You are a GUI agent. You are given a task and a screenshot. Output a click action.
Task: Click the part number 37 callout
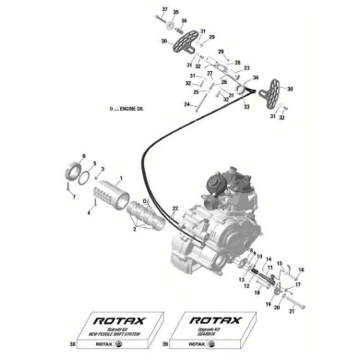tap(162, 8)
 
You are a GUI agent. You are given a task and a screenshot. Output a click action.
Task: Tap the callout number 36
tap(162, 19)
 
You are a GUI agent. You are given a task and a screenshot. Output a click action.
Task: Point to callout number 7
tap(71, 197)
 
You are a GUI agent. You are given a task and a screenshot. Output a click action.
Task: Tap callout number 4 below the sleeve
tap(89, 212)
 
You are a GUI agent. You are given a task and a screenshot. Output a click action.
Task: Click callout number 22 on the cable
tap(174, 211)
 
